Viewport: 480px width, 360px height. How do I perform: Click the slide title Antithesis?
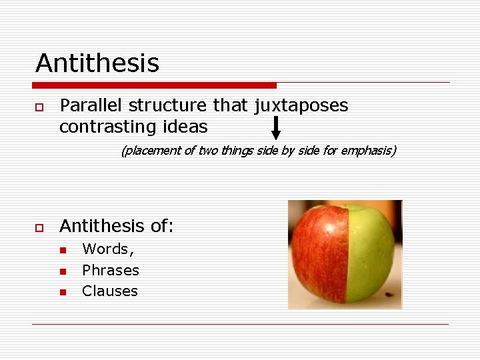(x=97, y=63)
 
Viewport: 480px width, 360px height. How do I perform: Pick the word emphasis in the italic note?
(x=366, y=151)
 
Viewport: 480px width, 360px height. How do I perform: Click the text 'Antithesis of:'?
(x=117, y=227)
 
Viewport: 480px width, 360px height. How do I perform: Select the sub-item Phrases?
(x=111, y=270)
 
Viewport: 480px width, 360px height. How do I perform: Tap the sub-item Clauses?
(x=110, y=291)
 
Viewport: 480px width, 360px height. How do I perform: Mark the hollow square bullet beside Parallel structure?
(x=39, y=107)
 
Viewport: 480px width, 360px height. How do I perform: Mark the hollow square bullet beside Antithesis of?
(x=39, y=228)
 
